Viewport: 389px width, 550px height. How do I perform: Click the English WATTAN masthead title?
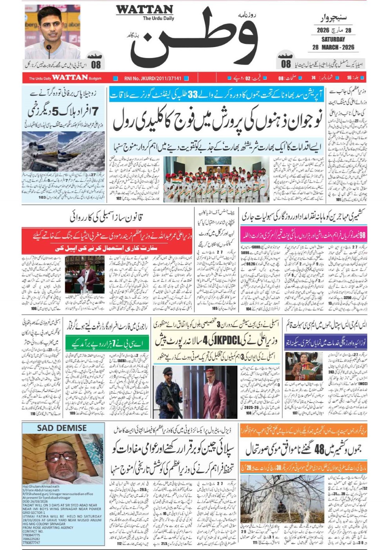point(144,10)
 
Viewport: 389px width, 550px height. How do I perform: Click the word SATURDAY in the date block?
point(333,39)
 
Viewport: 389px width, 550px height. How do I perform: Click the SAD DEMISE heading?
point(62,428)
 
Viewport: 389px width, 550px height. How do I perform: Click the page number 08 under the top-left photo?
point(95,64)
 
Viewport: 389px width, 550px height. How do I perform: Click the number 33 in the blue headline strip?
point(193,95)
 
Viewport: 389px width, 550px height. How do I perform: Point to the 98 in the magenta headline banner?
point(362,235)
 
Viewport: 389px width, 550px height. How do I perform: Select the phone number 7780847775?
point(31,535)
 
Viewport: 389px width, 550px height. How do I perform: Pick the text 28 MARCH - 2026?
point(333,47)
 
